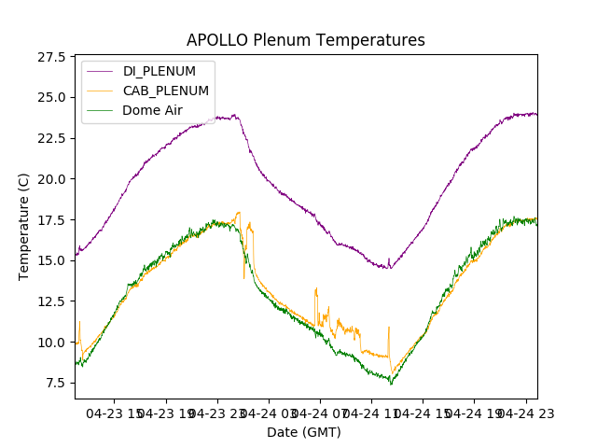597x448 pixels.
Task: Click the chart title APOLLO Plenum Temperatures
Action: (x=305, y=40)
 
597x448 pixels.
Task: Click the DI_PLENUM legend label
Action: (x=159, y=71)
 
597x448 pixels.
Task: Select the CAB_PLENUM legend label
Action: (x=165, y=91)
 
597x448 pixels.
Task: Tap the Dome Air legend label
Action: (x=152, y=110)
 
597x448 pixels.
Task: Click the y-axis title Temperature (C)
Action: (x=24, y=227)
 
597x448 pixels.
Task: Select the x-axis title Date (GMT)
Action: (x=304, y=432)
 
